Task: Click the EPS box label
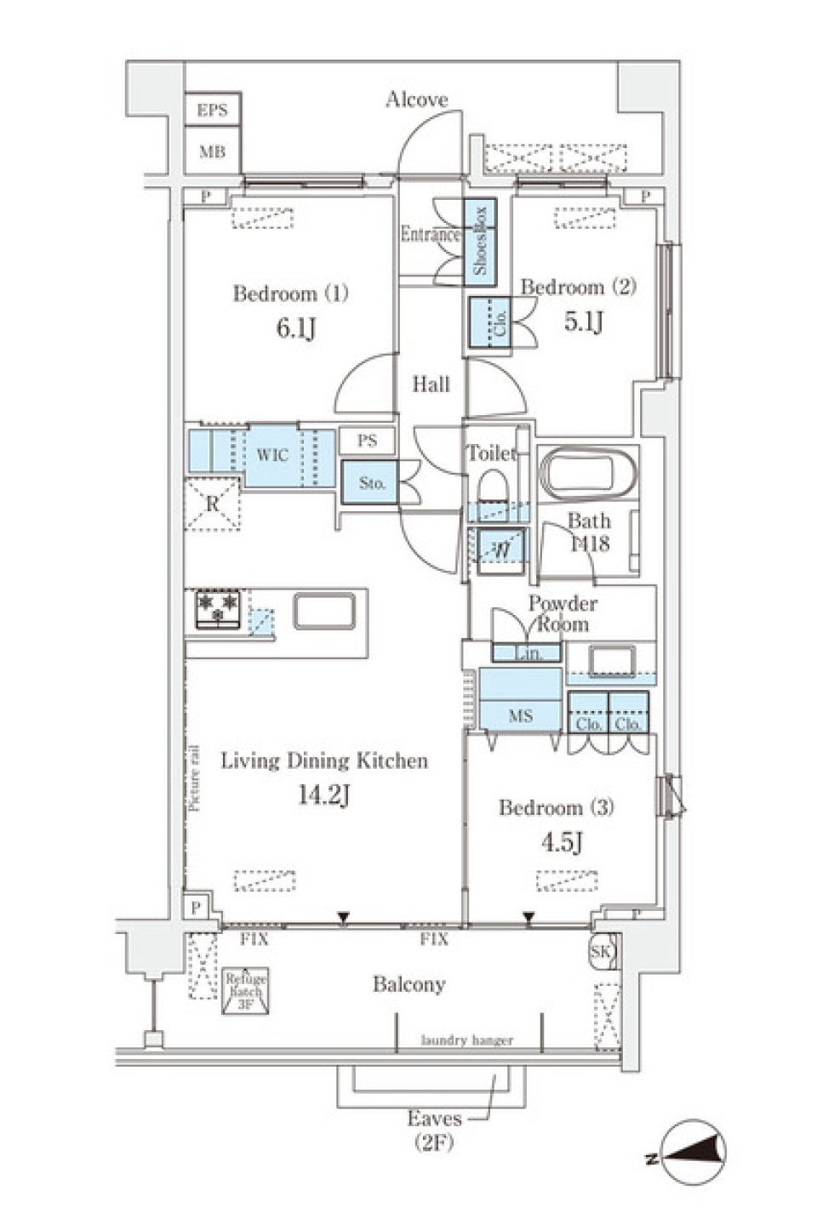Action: tap(212, 111)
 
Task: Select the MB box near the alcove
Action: tap(212, 152)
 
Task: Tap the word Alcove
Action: tap(416, 100)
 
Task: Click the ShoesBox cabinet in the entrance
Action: tap(480, 239)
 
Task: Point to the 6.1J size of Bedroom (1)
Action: tap(295, 327)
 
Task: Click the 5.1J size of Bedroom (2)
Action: tap(584, 321)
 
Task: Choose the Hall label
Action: tap(431, 384)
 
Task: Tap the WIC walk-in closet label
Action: tap(272, 455)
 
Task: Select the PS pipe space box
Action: tap(367, 441)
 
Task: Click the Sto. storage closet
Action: tap(371, 483)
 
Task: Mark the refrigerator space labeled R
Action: tap(212, 504)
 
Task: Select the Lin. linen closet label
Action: tap(528, 653)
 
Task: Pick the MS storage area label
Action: tap(521, 715)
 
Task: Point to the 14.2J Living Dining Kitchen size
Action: tap(323, 795)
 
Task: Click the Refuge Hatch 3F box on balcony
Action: tap(246, 992)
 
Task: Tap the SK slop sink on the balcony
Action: tap(601, 951)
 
